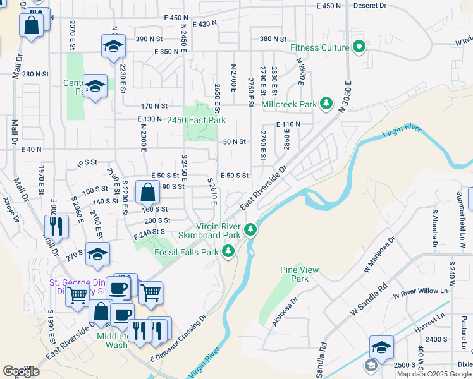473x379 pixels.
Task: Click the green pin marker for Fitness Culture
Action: click(x=360, y=47)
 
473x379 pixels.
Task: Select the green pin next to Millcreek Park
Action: click(x=326, y=102)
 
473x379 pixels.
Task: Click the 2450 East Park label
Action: click(x=196, y=120)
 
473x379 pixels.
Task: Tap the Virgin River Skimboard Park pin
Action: click(x=251, y=228)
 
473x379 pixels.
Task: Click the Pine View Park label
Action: click(x=294, y=274)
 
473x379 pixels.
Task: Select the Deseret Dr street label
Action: click(x=370, y=6)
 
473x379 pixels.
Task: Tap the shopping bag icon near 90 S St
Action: click(x=147, y=191)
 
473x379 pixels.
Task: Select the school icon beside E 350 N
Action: click(x=113, y=46)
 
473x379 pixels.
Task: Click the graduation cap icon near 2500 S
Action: click(x=381, y=348)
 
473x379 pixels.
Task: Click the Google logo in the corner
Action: click(x=21, y=371)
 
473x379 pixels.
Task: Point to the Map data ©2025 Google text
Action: click(x=434, y=374)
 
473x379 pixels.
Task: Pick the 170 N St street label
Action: click(x=154, y=106)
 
